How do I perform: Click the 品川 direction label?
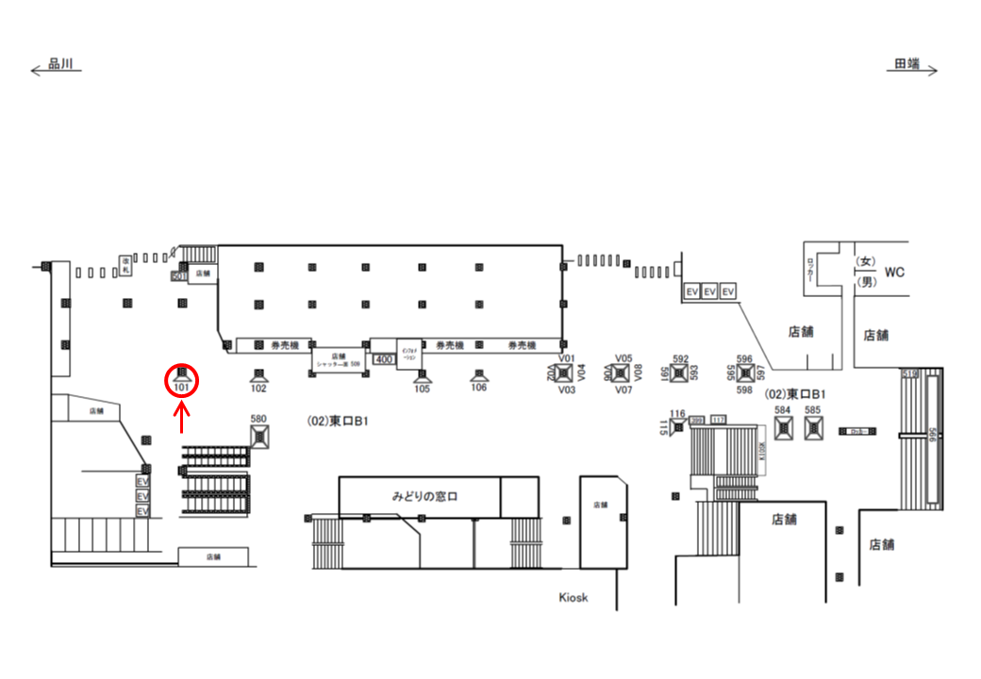click(59, 64)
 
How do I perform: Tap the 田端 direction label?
click(906, 64)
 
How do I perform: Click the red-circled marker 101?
click(182, 381)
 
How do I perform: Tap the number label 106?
click(479, 388)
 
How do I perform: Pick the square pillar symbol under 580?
click(260, 435)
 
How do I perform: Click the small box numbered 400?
click(384, 359)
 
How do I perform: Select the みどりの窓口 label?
click(424, 495)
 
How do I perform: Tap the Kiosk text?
click(574, 597)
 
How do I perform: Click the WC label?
click(894, 273)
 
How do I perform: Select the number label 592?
click(681, 358)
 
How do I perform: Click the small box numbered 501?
click(178, 276)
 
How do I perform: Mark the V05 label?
click(623, 358)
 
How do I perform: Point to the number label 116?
click(676, 414)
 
